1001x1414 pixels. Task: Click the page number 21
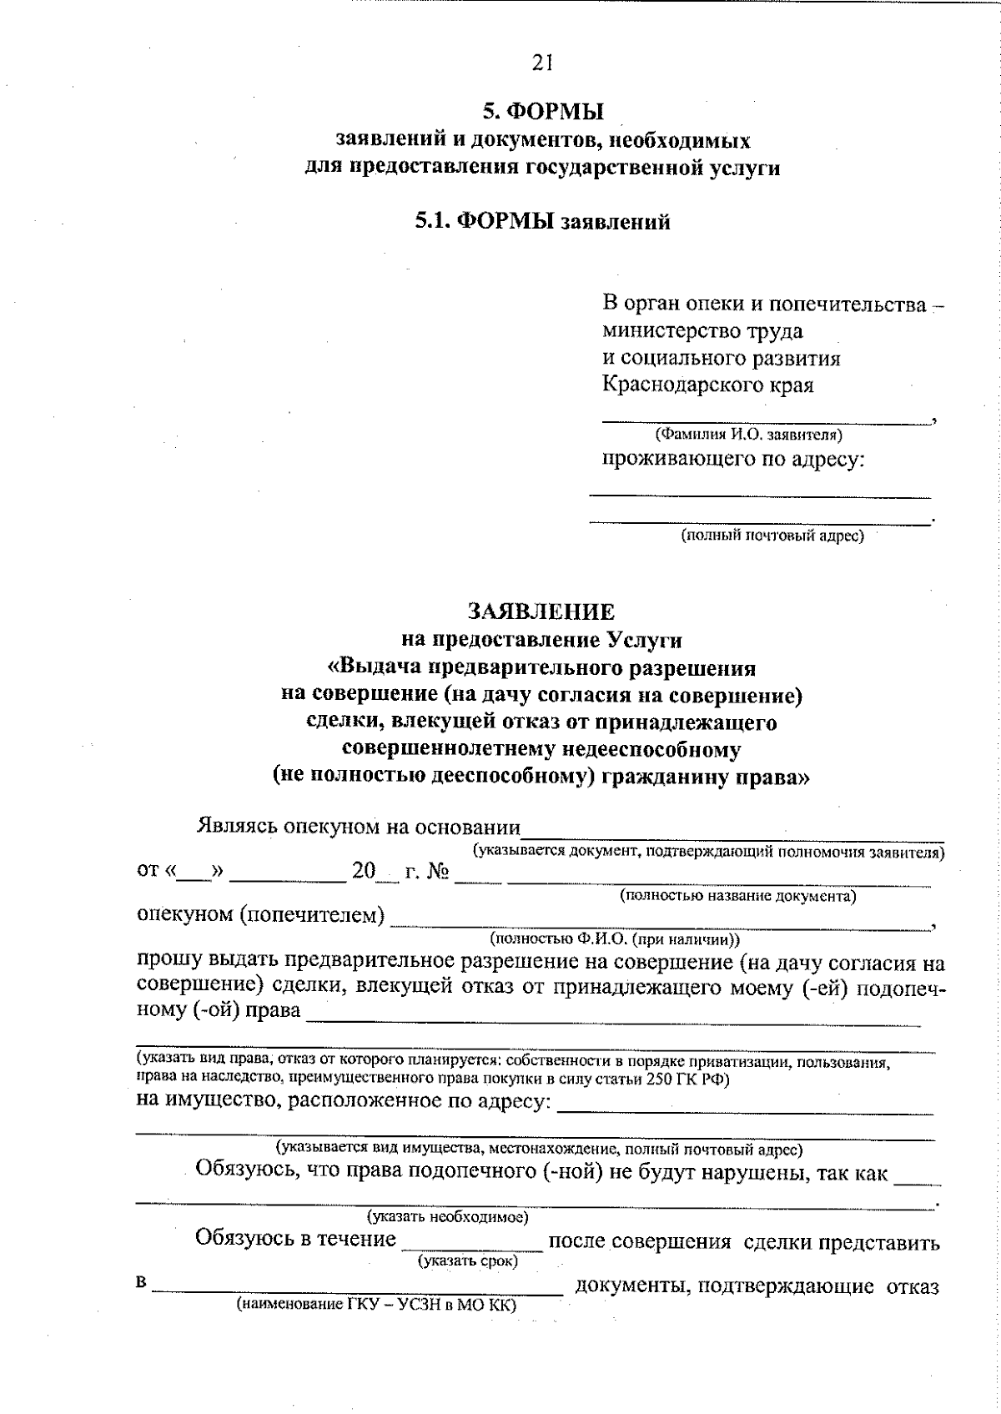tap(541, 62)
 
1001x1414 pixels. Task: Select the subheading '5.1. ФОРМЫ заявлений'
tap(543, 222)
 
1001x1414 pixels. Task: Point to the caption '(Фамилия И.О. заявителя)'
tap(748, 435)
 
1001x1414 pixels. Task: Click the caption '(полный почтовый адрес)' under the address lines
tap(772, 536)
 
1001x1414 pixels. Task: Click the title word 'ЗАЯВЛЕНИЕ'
tap(541, 612)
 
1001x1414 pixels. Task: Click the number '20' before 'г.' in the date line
tap(364, 872)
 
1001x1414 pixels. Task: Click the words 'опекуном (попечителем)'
tap(260, 915)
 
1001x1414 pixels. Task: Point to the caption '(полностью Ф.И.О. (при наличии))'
tap(615, 938)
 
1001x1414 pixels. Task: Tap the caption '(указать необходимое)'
tap(448, 1217)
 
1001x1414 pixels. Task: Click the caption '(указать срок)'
tap(468, 1261)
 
